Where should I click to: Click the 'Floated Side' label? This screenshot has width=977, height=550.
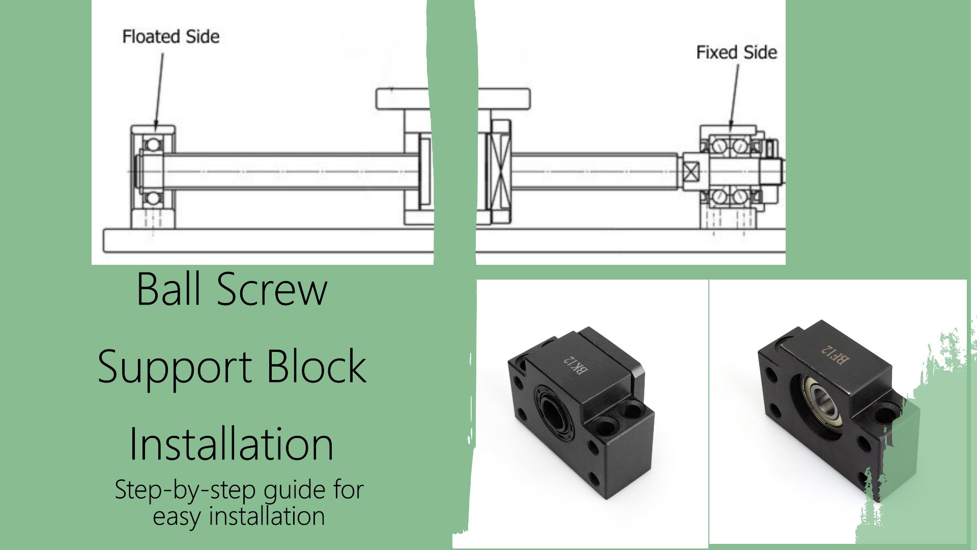coord(171,37)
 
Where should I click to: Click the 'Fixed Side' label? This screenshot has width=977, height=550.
coord(736,52)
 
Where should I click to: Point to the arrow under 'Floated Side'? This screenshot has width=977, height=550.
coord(159,90)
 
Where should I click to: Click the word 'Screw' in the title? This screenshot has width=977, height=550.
coord(272,289)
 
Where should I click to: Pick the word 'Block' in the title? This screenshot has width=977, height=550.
coord(317,366)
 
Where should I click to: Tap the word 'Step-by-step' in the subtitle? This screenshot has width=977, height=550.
coord(184,491)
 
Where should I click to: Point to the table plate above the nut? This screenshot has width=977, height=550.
coord(453,99)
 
